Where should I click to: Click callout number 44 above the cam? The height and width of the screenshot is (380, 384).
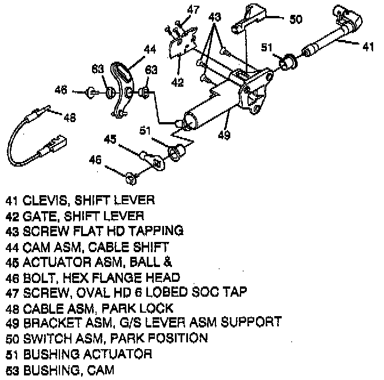point(149,50)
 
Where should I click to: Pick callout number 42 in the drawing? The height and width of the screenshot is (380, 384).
point(178,82)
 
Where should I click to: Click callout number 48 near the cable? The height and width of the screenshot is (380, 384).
point(69,118)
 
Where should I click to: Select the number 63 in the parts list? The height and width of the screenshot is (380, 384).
point(13,370)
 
